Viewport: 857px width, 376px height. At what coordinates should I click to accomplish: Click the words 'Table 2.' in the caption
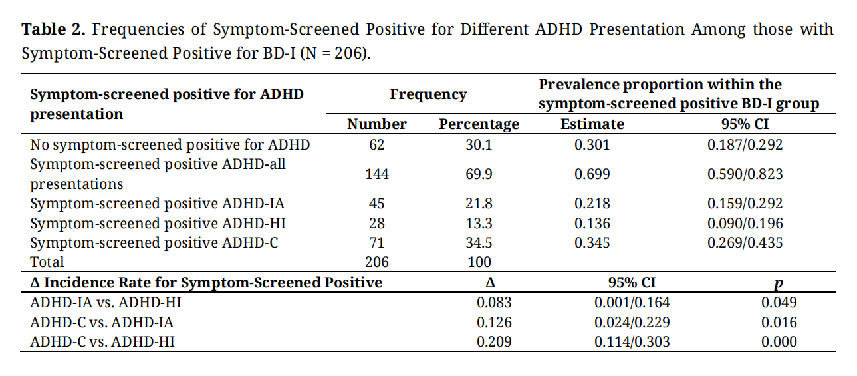[53, 29]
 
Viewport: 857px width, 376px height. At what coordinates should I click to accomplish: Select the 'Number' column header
[376, 124]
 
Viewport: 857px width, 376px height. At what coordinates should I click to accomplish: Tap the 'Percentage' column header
[479, 124]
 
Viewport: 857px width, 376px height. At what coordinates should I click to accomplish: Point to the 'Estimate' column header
[592, 124]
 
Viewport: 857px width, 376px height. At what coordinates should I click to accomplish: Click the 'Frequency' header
[428, 94]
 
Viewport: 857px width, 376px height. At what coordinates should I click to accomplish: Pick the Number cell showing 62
[376, 144]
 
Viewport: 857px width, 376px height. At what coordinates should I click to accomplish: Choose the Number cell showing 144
[377, 174]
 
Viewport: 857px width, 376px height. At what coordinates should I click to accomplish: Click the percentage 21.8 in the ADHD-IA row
[479, 204]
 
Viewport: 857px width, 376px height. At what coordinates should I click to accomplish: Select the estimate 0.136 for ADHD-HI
[592, 223]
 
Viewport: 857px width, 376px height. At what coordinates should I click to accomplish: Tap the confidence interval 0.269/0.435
[745, 243]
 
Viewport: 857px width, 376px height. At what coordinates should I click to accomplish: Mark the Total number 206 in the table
[377, 262]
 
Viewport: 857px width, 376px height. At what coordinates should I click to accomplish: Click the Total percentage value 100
[479, 262]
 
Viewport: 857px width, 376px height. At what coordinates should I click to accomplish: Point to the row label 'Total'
[47, 262]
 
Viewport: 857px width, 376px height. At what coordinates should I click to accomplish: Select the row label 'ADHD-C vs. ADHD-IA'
[102, 322]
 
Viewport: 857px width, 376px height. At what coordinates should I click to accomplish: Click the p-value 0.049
[779, 303]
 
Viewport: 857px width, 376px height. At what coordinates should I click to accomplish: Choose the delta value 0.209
[494, 342]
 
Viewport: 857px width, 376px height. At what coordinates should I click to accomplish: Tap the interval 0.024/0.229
[632, 322]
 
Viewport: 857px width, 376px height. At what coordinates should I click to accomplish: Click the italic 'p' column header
[779, 283]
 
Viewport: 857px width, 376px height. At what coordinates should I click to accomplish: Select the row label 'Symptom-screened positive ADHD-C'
[154, 243]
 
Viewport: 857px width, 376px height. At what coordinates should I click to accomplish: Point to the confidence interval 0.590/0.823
[745, 174]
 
